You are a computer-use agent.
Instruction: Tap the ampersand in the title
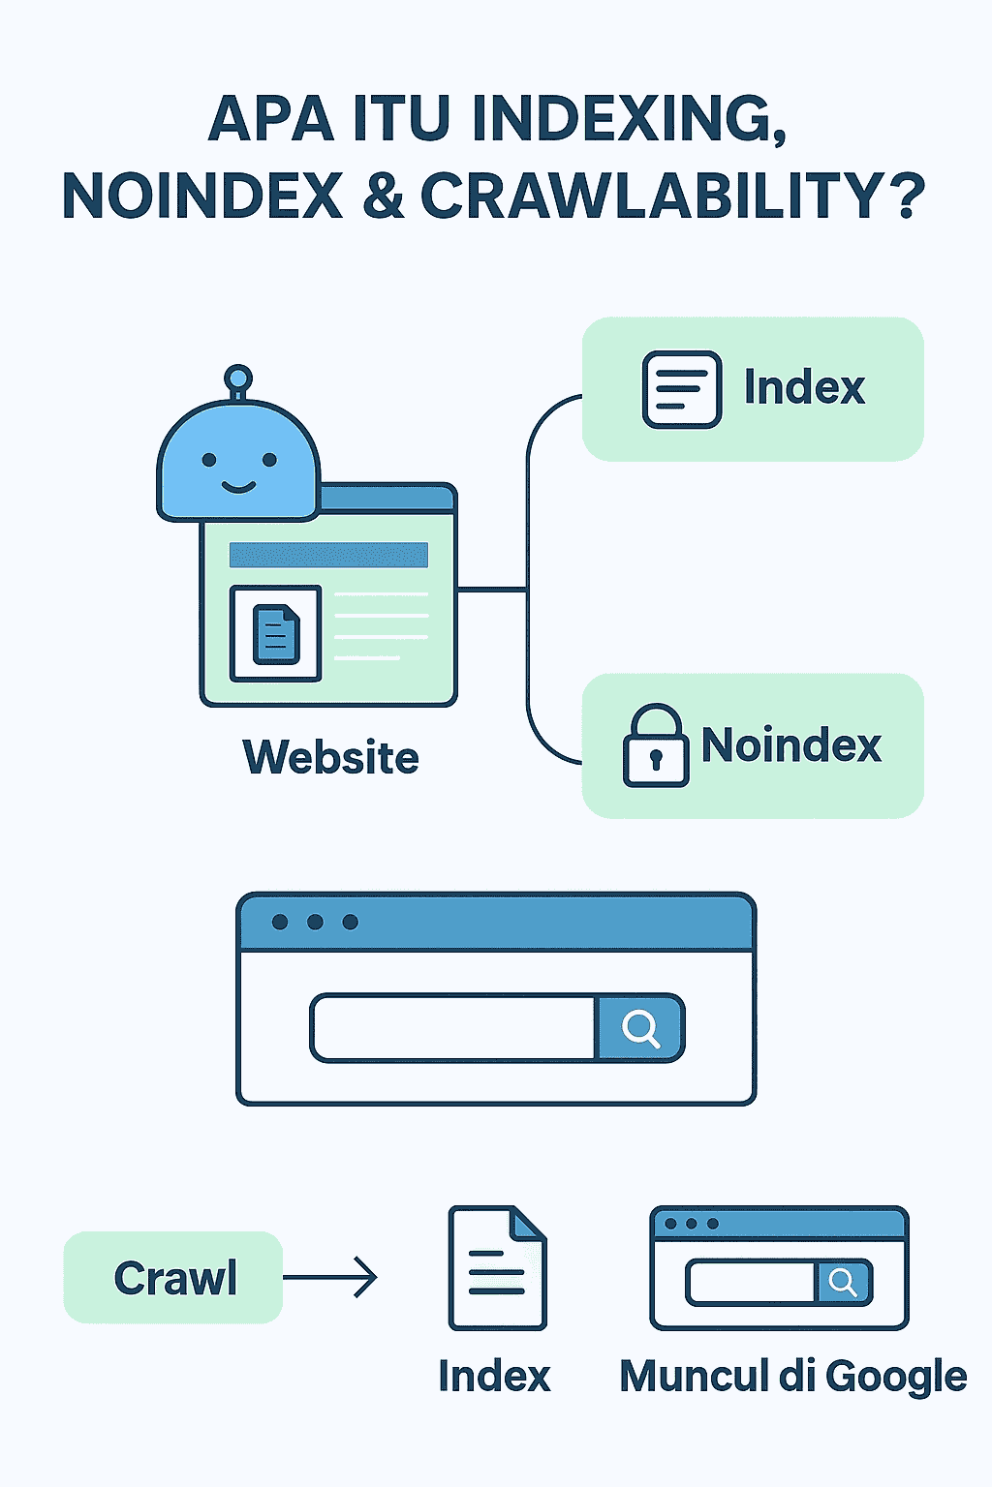tap(384, 196)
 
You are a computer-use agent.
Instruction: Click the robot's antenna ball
tap(238, 377)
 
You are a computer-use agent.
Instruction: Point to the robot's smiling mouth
tap(238, 489)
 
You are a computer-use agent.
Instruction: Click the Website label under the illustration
tap(331, 757)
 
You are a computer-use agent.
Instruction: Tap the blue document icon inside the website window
tap(276, 634)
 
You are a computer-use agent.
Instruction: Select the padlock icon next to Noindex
tap(655, 745)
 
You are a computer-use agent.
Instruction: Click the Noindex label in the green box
tap(791, 744)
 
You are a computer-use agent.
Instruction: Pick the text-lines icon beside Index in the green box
tap(682, 389)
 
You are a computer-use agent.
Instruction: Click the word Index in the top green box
tap(805, 387)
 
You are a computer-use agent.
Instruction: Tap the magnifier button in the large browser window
tap(640, 1027)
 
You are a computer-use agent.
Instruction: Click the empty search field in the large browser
tap(453, 1027)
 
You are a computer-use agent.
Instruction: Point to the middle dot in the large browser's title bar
tap(315, 922)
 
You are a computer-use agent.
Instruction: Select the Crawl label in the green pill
tap(175, 1277)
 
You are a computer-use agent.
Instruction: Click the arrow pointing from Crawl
tap(330, 1277)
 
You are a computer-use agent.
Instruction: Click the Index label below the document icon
tap(494, 1376)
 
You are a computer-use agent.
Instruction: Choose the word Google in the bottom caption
tap(896, 1377)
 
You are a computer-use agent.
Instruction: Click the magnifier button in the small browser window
tap(844, 1282)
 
